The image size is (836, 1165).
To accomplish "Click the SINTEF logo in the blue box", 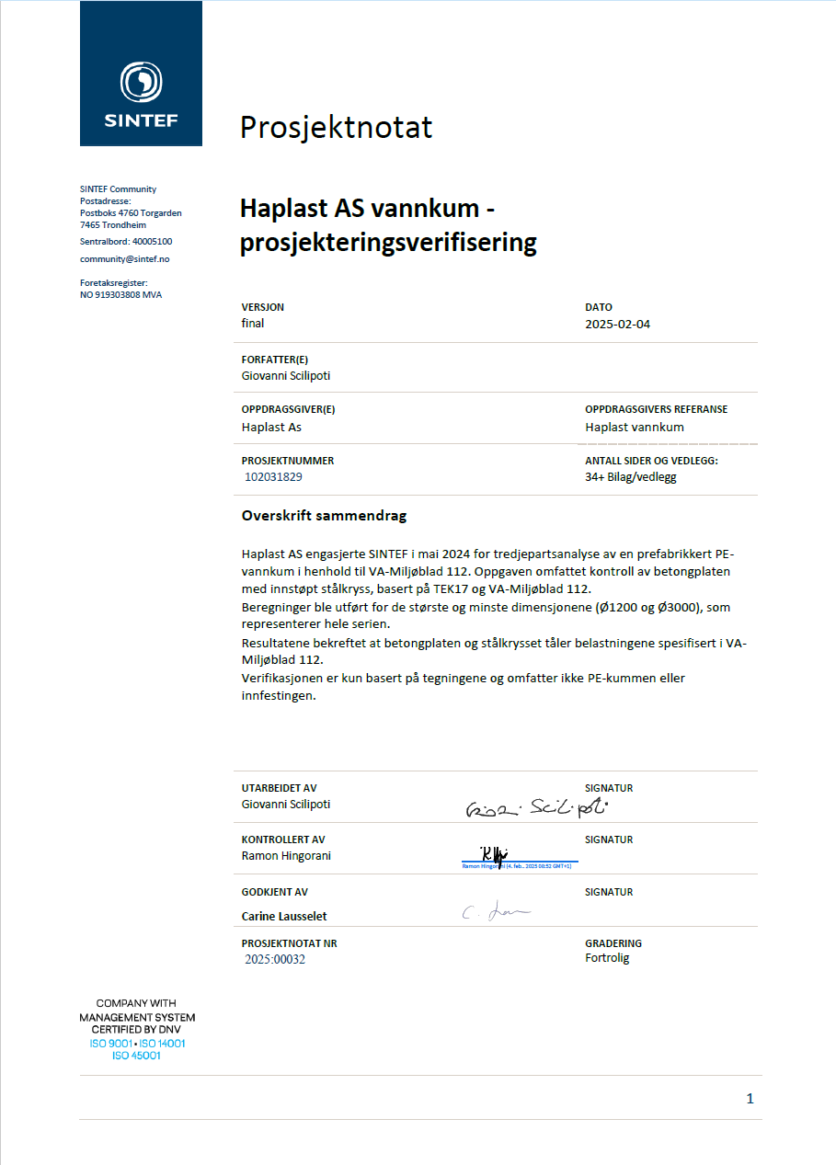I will point(141,93).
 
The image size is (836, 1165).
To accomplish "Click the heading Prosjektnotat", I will point(336,127).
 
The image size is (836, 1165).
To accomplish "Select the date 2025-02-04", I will point(617,324).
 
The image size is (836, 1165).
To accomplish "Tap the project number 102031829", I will point(273,477).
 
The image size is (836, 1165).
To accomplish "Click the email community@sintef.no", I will point(124,259).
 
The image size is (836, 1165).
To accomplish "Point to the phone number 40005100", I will point(152,242).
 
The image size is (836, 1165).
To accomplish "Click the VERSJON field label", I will point(262,307).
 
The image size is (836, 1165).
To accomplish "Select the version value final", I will point(253,324).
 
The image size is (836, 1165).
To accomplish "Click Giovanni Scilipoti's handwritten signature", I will point(537,808).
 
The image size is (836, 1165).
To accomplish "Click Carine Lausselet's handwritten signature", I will point(497,912).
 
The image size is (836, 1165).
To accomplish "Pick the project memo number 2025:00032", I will point(275,959).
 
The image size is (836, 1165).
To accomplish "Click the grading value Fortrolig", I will point(607,958).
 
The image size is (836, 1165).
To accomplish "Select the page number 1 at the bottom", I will point(750,1099).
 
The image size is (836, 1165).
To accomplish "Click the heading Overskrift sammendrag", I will point(324,516).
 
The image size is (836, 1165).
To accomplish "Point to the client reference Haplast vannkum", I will point(635,427).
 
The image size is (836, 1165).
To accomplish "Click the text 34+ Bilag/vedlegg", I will point(630,477).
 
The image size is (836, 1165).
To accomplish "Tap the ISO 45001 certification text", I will point(136,1056).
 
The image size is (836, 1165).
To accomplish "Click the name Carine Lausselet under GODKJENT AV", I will point(284,916).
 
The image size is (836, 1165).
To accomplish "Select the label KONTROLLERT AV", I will point(283,839).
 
